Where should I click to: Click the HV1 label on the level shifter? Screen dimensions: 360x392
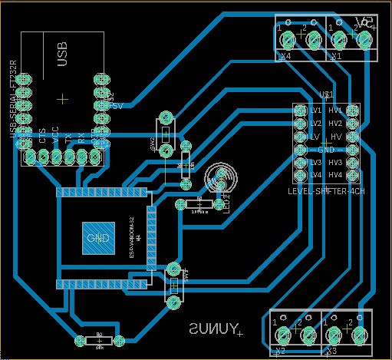[x=335, y=111]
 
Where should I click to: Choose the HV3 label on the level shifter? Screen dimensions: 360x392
[x=335, y=163]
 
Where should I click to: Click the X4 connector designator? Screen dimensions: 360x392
[x=286, y=56]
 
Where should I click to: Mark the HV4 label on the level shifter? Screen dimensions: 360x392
[x=335, y=176]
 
